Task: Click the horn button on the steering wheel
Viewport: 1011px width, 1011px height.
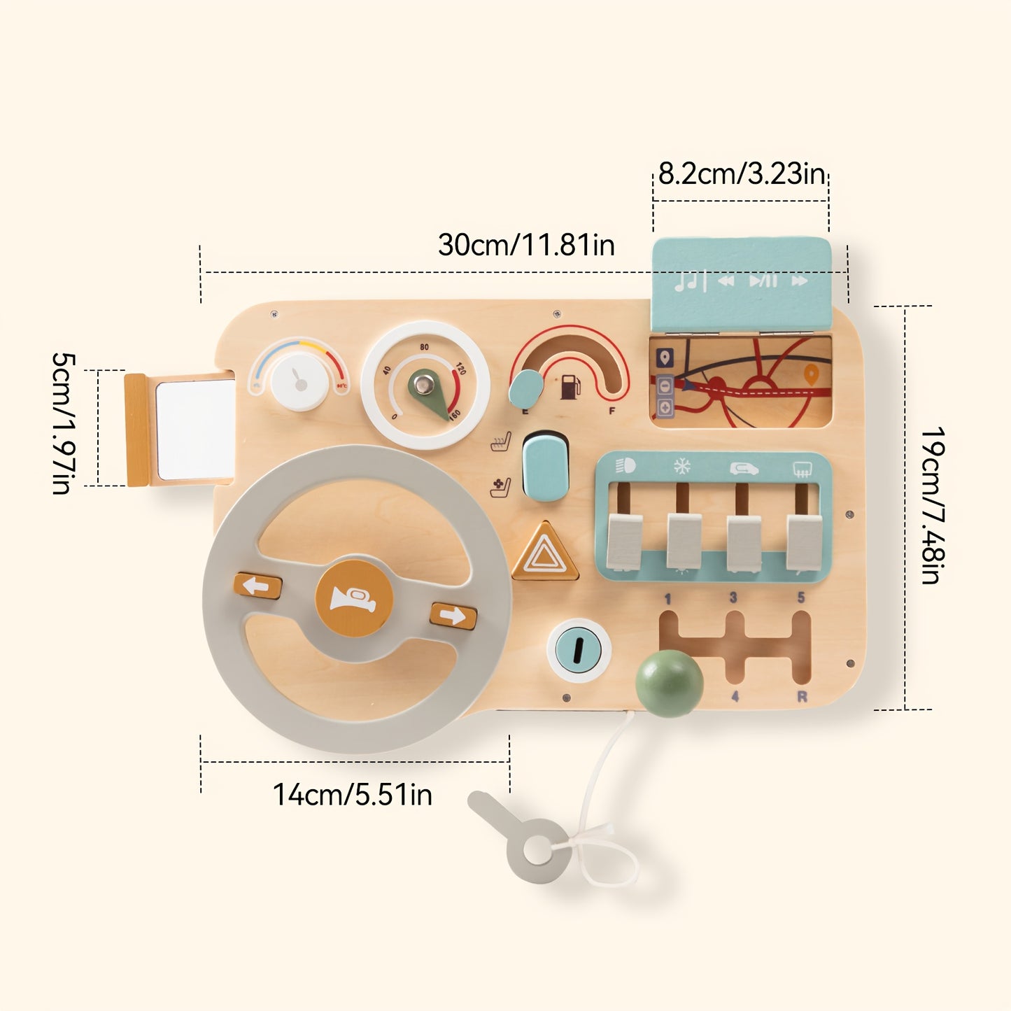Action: [353, 598]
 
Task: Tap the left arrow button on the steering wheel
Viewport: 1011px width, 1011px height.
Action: [257, 586]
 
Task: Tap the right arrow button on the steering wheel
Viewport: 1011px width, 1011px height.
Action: [453, 616]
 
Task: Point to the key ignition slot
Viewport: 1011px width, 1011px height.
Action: [578, 650]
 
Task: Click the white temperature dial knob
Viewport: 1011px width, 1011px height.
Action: [299, 381]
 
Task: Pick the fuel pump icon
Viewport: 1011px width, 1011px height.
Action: [570, 387]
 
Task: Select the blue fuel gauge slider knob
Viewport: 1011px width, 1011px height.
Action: [526, 388]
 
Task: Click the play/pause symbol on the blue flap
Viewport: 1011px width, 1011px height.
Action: [763, 281]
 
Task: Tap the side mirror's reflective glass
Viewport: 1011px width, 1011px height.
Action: [195, 430]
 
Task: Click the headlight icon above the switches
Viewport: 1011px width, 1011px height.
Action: [625, 466]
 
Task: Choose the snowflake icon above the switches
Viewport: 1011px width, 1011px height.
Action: [681, 467]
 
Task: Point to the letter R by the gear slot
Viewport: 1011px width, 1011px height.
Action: [802, 697]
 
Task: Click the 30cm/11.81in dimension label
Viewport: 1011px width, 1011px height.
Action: [526, 246]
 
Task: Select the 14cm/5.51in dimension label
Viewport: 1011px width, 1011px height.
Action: [352, 795]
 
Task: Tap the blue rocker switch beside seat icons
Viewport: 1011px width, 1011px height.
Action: [545, 466]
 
